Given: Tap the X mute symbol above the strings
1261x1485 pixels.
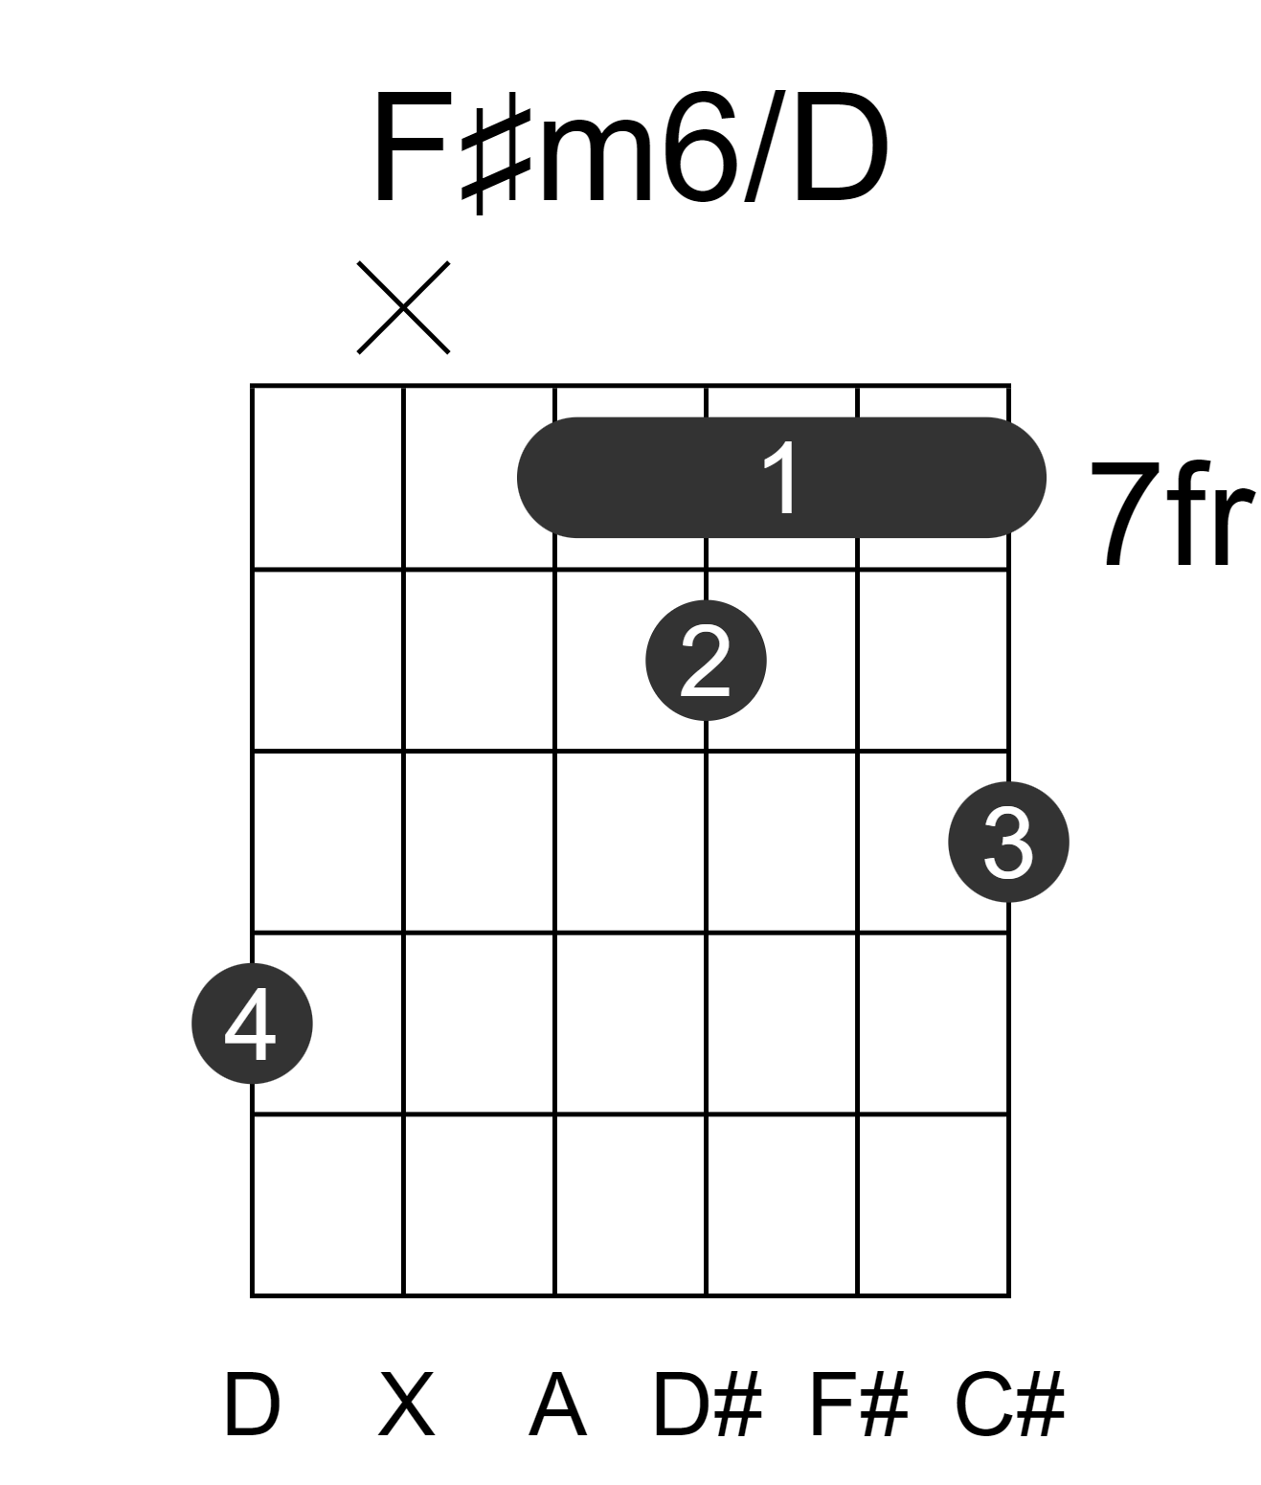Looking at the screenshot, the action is (x=403, y=307).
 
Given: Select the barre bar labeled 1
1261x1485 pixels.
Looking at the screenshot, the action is (x=781, y=478).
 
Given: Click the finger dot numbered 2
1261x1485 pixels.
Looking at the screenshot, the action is (x=706, y=661).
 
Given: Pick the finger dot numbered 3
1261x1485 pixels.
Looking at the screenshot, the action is (x=1009, y=842).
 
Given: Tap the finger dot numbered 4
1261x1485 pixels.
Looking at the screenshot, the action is (x=252, y=1024).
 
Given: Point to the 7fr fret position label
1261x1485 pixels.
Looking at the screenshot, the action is (x=1172, y=514).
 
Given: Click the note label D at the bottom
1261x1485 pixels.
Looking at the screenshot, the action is (x=252, y=1405).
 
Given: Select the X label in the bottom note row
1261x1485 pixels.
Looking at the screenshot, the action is (x=407, y=1405).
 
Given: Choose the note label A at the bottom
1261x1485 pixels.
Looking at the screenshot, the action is (x=558, y=1405).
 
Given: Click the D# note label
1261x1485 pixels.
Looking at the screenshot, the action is (x=707, y=1405).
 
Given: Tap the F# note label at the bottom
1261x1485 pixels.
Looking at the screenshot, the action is (x=860, y=1405).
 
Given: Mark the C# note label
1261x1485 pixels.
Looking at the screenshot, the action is (x=1009, y=1405).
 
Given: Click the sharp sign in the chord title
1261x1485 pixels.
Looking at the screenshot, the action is (x=496, y=152).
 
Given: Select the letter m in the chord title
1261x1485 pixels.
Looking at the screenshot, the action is (x=595, y=162).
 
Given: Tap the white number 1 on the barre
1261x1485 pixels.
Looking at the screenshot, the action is (x=781, y=478).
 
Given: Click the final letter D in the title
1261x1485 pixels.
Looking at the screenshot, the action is (x=841, y=148).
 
